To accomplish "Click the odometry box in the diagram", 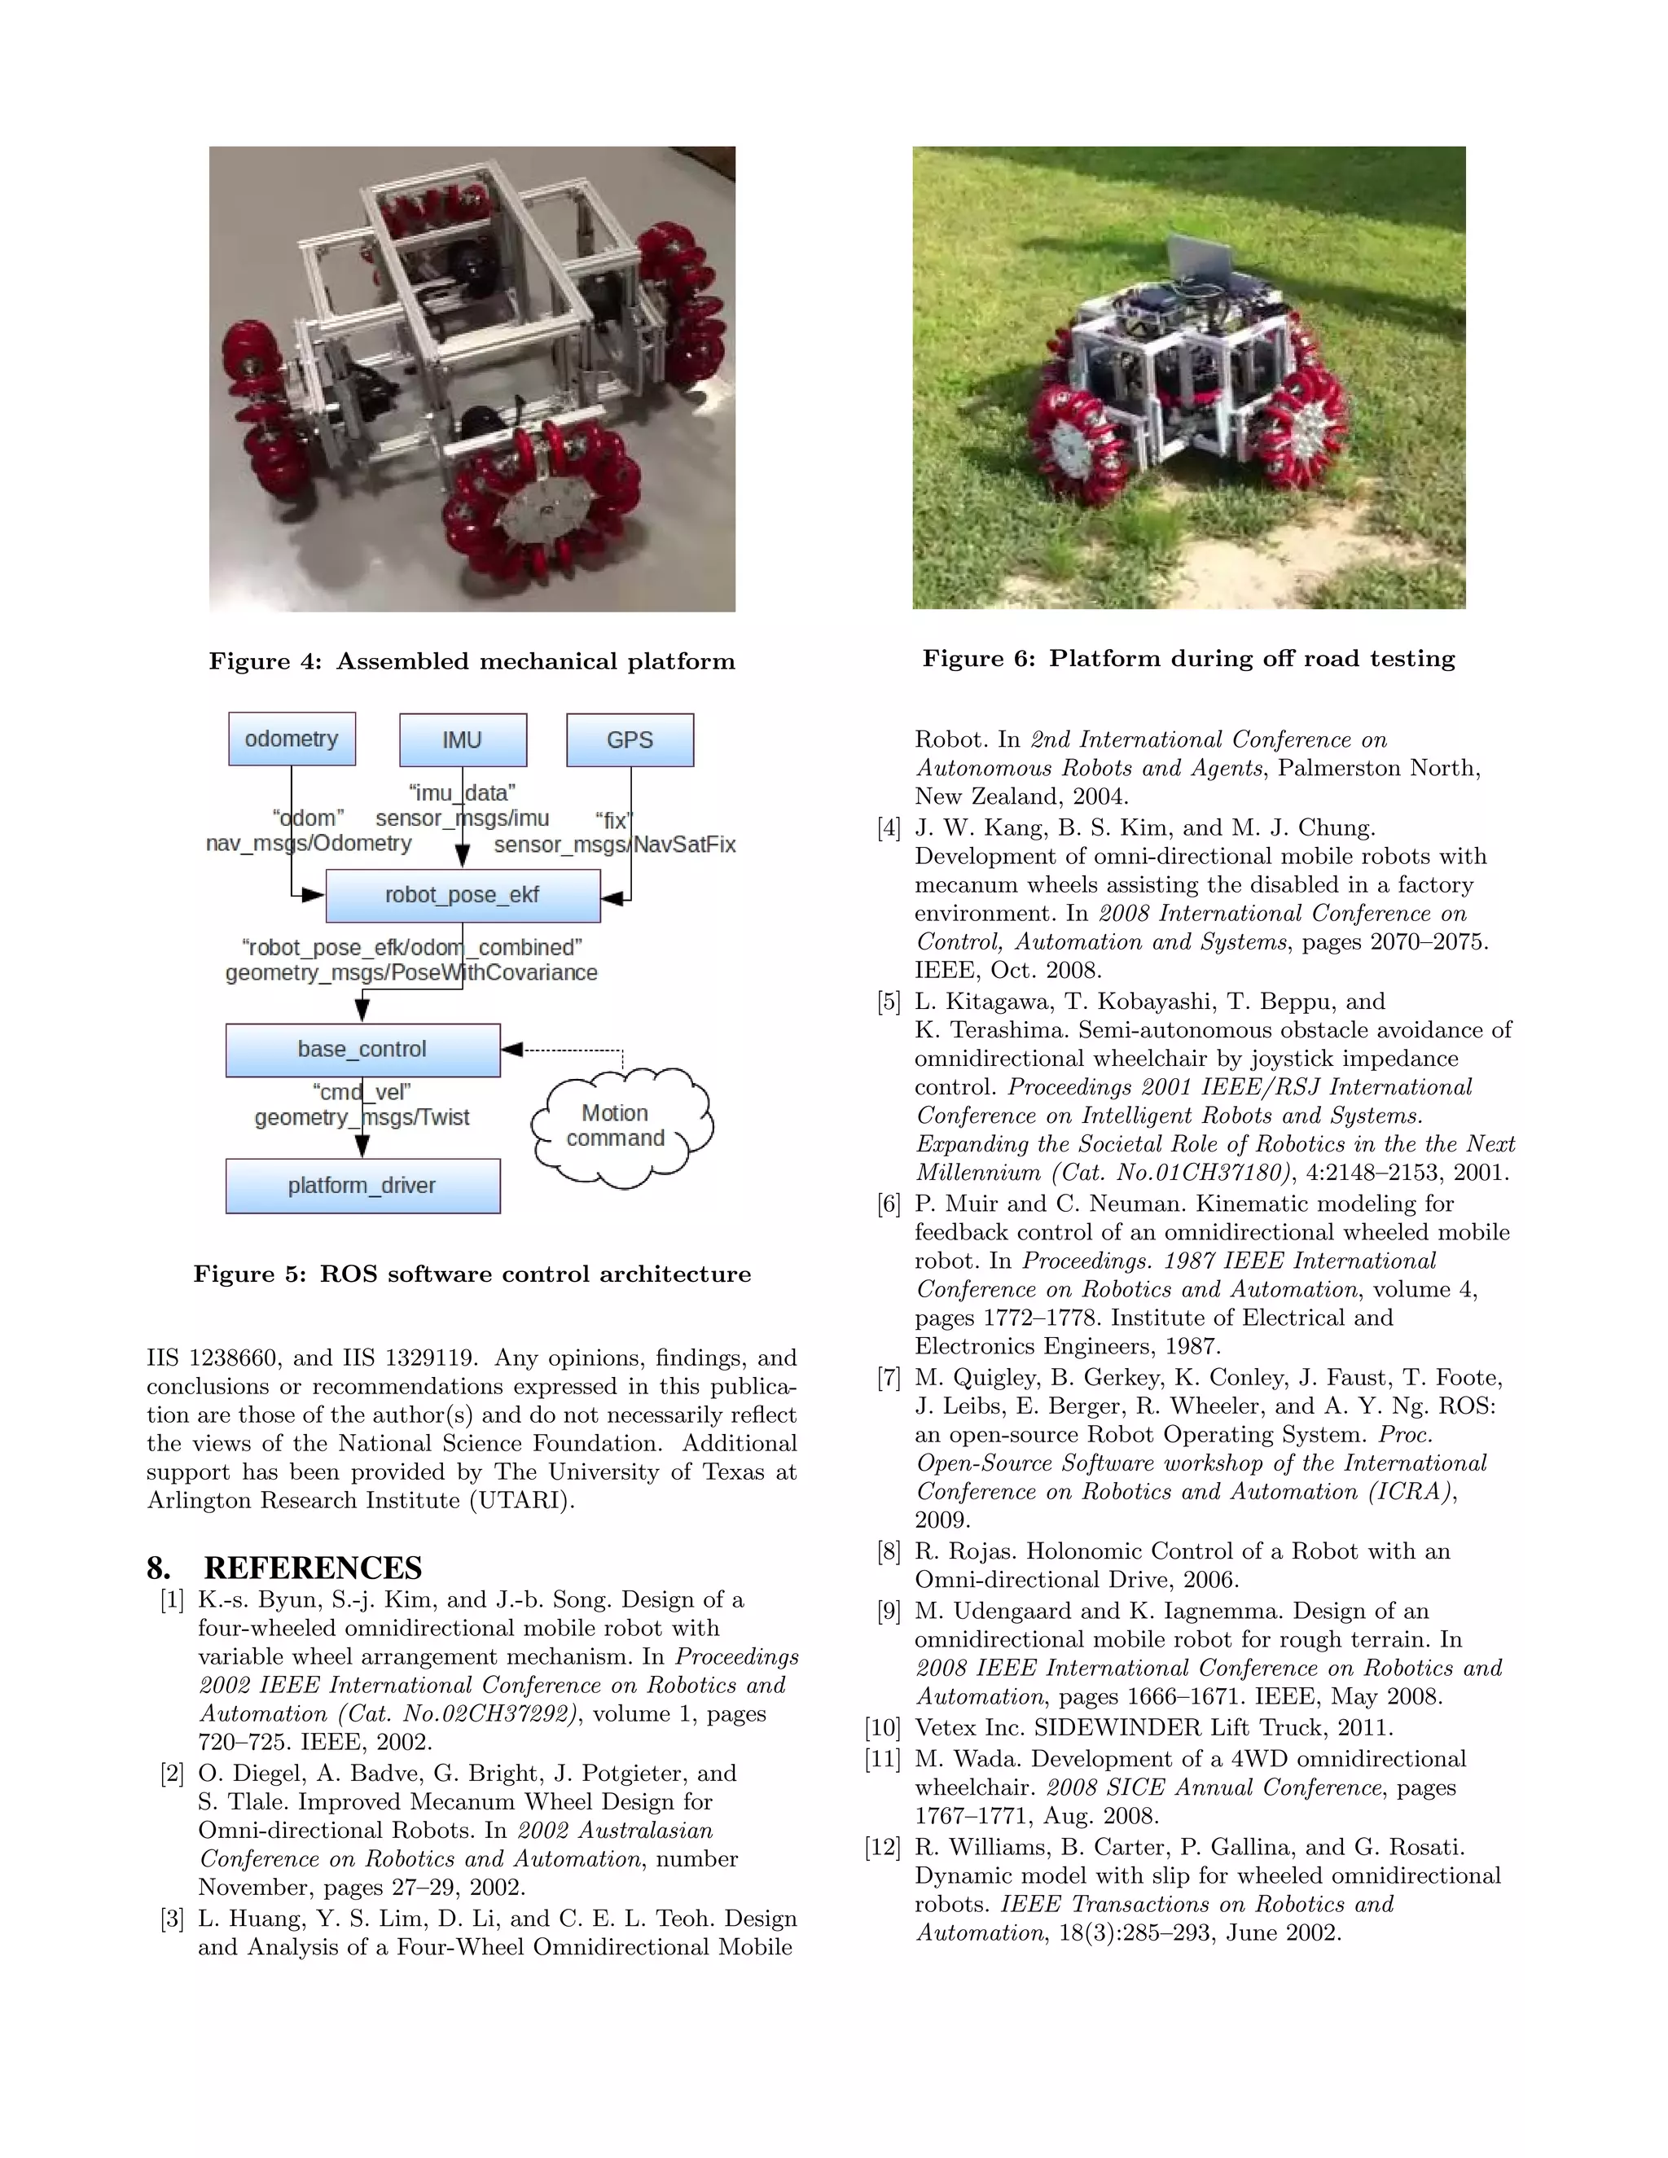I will click(x=292, y=739).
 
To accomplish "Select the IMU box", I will click(x=463, y=740).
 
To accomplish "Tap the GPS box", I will click(x=630, y=740).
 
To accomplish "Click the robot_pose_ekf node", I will click(x=463, y=895).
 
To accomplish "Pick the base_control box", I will click(x=362, y=1050).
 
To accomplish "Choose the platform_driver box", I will click(x=362, y=1186).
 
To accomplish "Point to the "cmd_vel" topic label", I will click(x=362, y=1092).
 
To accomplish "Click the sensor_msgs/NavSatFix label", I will click(x=615, y=844).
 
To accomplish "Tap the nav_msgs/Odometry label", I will click(x=309, y=844).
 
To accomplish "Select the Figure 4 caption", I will click(x=472, y=662).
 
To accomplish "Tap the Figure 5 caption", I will click(x=472, y=1274).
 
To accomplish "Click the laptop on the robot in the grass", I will click(x=1200, y=260).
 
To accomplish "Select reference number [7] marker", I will click(x=889, y=1379).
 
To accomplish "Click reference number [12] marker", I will click(x=882, y=1848).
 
